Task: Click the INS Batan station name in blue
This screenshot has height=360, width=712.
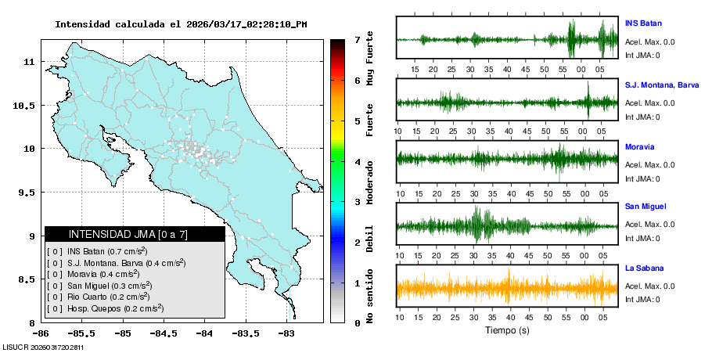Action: pyautogui.click(x=643, y=23)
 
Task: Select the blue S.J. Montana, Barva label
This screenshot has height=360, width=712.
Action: pyautogui.click(x=661, y=85)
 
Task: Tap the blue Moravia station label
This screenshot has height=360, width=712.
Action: pyautogui.click(x=639, y=146)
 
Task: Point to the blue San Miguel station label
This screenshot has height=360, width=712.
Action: pyautogui.click(x=645, y=207)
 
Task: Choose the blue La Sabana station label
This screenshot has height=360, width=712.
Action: pyautogui.click(x=643, y=268)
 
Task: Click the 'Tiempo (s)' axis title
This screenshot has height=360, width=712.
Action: pyautogui.click(x=507, y=330)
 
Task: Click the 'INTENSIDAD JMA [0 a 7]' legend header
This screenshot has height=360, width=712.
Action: pyautogui.click(x=135, y=234)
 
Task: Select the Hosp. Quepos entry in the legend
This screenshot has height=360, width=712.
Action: pyautogui.click(x=105, y=308)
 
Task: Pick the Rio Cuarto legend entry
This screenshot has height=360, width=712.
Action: pyautogui.click(x=99, y=297)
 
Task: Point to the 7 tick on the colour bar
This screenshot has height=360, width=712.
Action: pyautogui.click(x=357, y=39)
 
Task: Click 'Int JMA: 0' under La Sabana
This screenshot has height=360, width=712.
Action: pyautogui.click(x=642, y=299)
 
